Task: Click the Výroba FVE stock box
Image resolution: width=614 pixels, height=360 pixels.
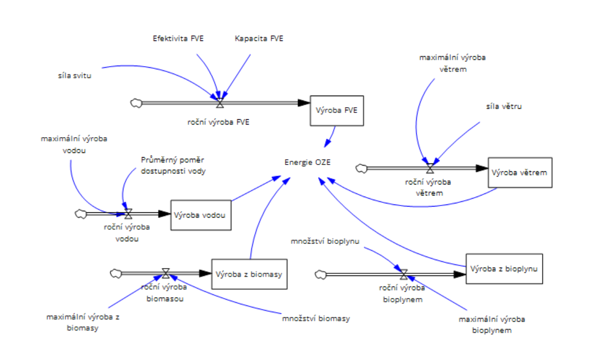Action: pyautogui.click(x=336, y=110)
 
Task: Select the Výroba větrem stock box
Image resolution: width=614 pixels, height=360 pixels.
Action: pyautogui.click(x=519, y=172)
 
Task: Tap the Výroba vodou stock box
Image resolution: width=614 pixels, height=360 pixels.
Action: pyautogui.click(x=201, y=214)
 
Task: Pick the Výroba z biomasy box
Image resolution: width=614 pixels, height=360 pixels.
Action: pyautogui.click(x=249, y=274)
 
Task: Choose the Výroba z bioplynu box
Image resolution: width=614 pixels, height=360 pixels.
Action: pyautogui.click(x=504, y=269)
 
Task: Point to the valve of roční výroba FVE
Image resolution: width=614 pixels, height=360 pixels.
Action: pyautogui.click(x=220, y=103)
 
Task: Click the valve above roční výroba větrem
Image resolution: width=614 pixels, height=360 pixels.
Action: pyautogui.click(x=430, y=168)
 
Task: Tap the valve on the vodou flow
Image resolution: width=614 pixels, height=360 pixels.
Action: pyautogui.click(x=128, y=214)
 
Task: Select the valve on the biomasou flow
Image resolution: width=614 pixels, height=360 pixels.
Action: pyautogui.click(x=166, y=273)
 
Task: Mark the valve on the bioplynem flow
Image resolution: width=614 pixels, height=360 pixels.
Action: pyautogui.click(x=404, y=274)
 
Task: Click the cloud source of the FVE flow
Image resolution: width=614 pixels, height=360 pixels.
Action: pyautogui.click(x=136, y=103)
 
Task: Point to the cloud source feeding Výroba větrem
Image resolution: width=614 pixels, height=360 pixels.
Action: pyautogui.click(x=361, y=168)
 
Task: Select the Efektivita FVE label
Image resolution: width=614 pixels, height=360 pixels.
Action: pyautogui.click(x=178, y=38)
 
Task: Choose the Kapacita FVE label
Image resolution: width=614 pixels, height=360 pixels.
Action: pyautogui.click(x=259, y=38)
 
